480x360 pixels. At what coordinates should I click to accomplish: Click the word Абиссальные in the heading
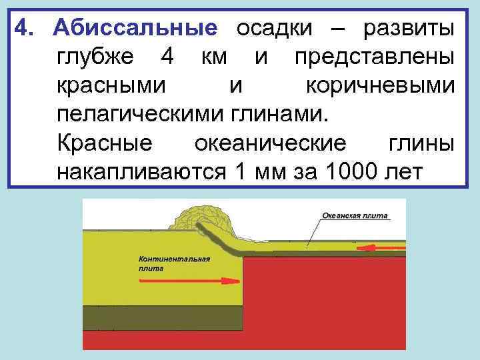[136, 29]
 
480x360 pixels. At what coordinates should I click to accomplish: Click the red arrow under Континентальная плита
[189, 281]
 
